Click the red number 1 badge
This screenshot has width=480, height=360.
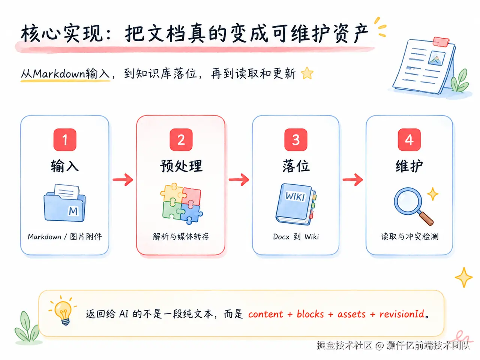(x=65, y=140)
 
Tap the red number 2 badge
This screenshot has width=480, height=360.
(x=181, y=140)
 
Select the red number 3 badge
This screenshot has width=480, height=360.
(x=295, y=140)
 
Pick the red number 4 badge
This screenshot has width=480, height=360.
(x=409, y=140)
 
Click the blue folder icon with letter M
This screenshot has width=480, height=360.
(x=64, y=203)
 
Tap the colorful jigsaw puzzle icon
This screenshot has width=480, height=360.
(x=181, y=203)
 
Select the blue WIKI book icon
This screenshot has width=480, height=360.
(x=296, y=204)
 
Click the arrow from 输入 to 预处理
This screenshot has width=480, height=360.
(x=123, y=179)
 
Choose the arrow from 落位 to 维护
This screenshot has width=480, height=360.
(x=352, y=179)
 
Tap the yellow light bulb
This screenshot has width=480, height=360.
(x=63, y=311)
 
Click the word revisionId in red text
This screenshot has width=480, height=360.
(x=402, y=314)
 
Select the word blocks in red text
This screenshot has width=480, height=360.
(x=310, y=314)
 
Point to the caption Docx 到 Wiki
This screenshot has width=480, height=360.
(x=295, y=237)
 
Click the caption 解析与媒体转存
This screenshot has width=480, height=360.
(x=181, y=237)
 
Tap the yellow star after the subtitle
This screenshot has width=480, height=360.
(x=307, y=73)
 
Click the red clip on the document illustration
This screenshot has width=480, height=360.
(x=441, y=42)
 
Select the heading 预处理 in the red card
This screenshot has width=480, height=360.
(x=181, y=166)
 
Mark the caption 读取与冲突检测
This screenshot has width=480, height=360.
(x=409, y=237)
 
